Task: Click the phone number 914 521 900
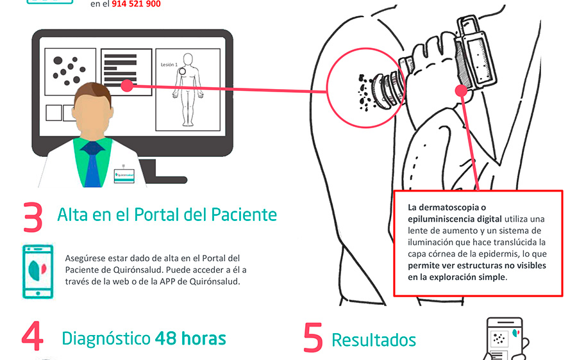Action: (137, 4)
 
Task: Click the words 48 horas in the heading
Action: (190, 338)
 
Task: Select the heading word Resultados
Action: (374, 340)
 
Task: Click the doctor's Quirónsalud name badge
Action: (124, 174)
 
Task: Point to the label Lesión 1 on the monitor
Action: (169, 65)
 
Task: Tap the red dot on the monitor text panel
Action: (127, 84)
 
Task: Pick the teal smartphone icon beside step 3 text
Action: (35, 272)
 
